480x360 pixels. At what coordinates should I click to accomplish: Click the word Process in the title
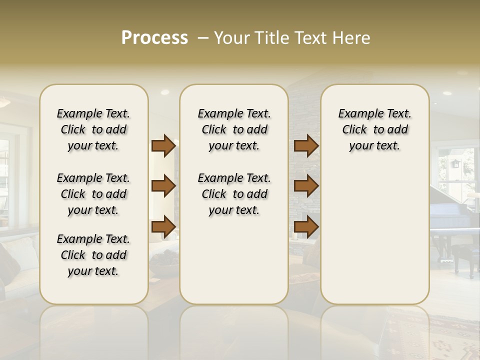click(154, 37)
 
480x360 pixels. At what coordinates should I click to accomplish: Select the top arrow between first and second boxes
click(163, 146)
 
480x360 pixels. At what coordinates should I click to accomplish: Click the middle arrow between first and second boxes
click(163, 186)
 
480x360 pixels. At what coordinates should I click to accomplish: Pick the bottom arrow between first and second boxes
click(163, 227)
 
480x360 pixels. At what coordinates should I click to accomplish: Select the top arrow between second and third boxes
click(306, 146)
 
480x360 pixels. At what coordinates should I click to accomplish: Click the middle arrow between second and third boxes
click(306, 186)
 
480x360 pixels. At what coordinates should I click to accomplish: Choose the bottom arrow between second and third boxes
click(306, 227)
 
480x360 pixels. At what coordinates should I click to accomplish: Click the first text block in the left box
click(93, 129)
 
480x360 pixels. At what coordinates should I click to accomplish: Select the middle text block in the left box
click(93, 194)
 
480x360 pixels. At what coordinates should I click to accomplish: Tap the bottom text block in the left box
click(93, 255)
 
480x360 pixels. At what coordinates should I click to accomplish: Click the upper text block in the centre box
click(234, 129)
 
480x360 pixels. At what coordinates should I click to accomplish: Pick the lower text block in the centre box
click(234, 194)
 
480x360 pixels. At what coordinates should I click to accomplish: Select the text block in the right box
click(374, 129)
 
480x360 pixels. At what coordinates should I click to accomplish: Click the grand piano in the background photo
click(452, 220)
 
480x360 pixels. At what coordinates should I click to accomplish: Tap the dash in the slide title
click(202, 37)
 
